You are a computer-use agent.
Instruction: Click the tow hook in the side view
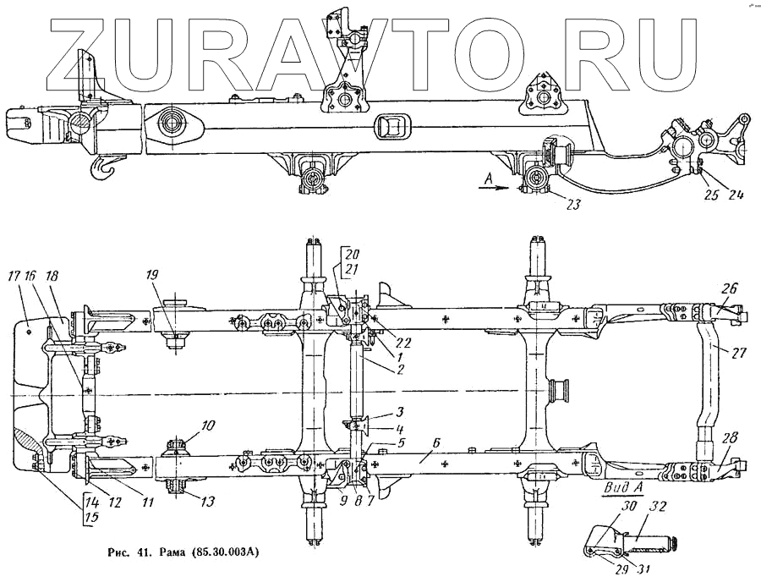[x=103, y=166]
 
